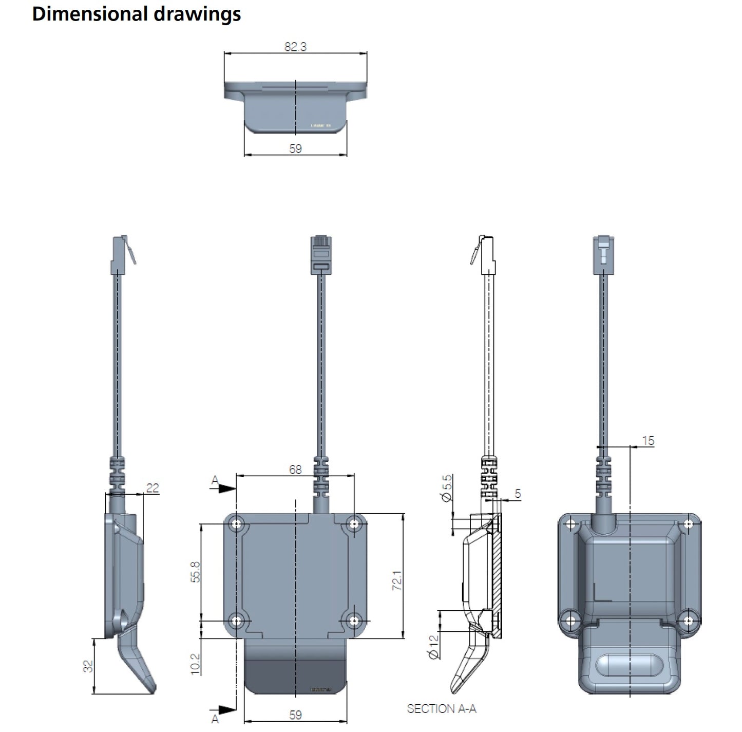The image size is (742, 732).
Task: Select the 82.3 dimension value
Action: click(x=295, y=47)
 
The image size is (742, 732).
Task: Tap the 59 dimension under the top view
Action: click(x=295, y=149)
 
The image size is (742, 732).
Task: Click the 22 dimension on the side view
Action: click(x=153, y=487)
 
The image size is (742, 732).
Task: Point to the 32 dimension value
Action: click(x=89, y=666)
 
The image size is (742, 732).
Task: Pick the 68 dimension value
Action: click(x=295, y=469)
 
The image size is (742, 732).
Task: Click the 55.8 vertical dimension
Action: click(x=196, y=572)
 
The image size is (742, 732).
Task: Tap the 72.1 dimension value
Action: click(x=397, y=580)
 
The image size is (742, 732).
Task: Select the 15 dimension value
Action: click(x=648, y=441)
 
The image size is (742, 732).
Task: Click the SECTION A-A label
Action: click(x=442, y=709)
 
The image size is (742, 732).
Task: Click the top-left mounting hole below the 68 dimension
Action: click(x=237, y=524)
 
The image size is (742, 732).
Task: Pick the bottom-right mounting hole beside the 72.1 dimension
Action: click(x=353, y=621)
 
